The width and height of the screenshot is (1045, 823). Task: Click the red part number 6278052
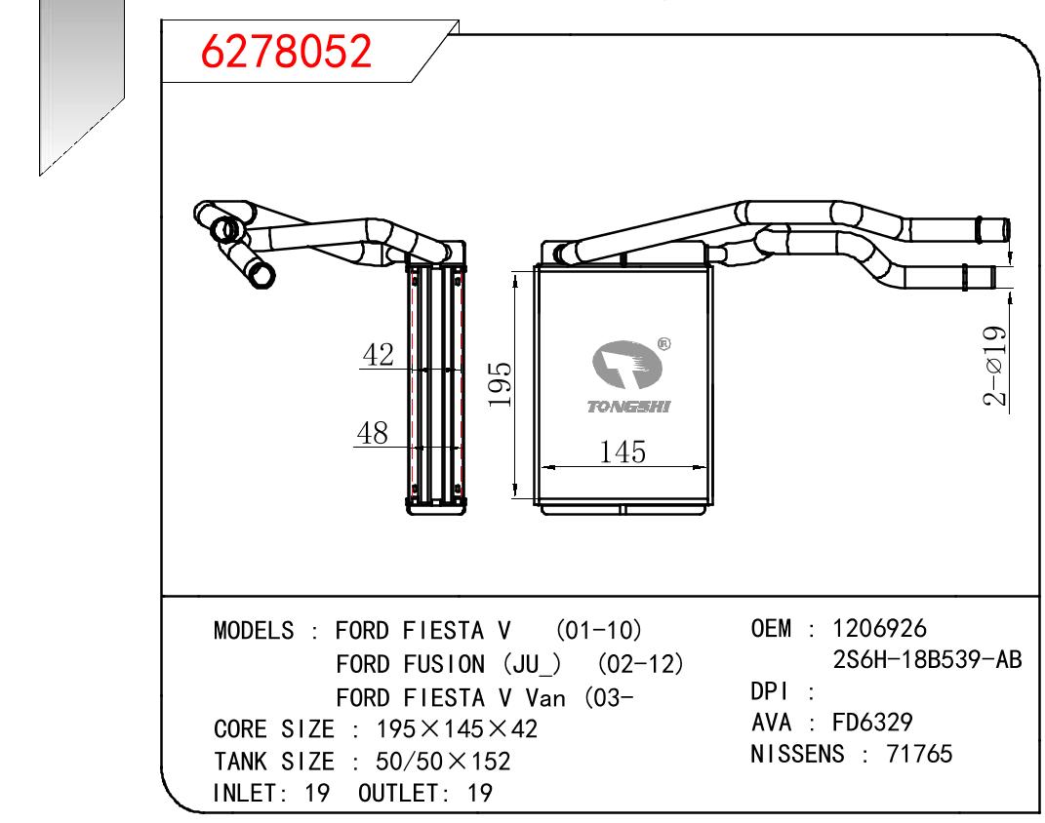[x=286, y=52]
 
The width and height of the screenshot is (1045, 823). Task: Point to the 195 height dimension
[x=500, y=386]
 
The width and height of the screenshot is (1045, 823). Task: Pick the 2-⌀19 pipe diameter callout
[x=994, y=366]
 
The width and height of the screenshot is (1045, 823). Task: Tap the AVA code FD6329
[x=872, y=723]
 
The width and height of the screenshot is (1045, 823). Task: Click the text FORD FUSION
[x=410, y=664]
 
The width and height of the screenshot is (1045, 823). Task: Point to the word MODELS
[x=254, y=631]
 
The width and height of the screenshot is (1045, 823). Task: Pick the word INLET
[x=245, y=793]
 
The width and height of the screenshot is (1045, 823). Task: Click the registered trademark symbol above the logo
[x=663, y=343]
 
